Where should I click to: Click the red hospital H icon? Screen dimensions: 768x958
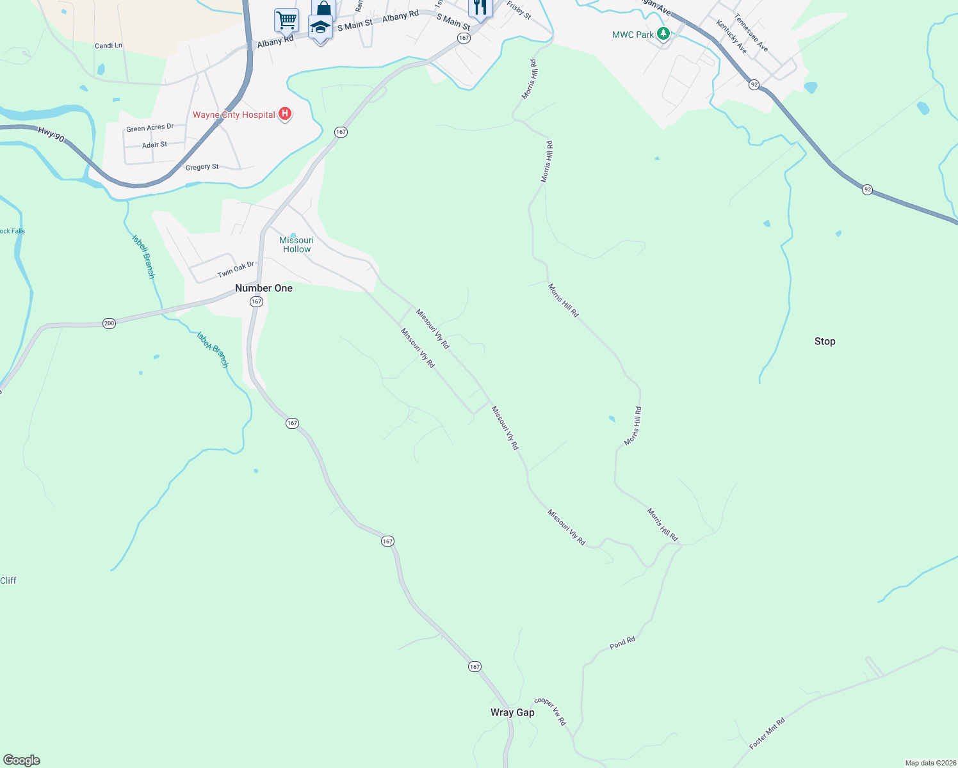286,115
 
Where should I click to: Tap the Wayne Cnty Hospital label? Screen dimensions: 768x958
234,115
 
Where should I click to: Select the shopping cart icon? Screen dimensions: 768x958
286,19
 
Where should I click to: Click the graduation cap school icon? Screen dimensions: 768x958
320,28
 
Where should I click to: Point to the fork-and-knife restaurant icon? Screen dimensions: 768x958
480,7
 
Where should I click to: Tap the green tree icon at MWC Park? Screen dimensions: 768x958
663,34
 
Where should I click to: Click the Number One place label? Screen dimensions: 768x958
264,288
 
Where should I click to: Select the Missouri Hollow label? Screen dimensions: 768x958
296,244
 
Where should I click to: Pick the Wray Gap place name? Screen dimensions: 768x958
512,712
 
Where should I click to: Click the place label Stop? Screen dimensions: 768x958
825,341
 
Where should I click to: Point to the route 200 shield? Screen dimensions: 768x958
109,323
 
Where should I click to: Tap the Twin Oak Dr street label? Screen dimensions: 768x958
236,269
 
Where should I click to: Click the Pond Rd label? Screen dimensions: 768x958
622,643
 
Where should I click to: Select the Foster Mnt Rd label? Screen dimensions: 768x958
767,733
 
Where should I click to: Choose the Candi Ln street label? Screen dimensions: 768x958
108,45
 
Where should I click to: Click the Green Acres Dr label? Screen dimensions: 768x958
150,128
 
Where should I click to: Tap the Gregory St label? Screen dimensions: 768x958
202,167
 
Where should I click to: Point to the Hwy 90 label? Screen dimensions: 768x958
51,134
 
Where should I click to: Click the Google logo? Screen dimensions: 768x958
22,760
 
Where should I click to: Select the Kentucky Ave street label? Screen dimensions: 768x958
731,36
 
